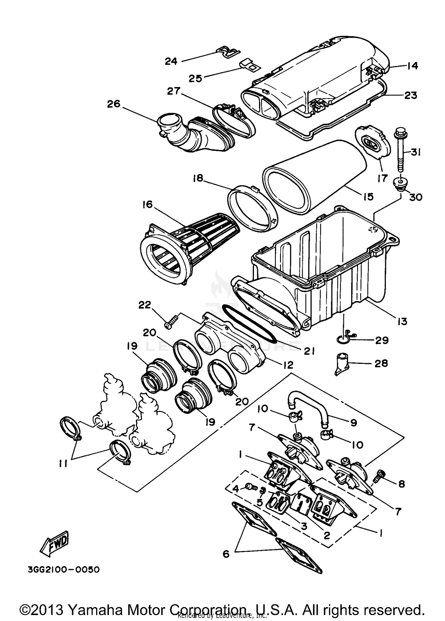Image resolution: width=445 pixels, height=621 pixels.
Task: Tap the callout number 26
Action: [x=114, y=104]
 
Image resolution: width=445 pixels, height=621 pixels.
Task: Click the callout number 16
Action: [x=147, y=204]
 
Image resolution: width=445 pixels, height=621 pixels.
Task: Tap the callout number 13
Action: [x=402, y=321]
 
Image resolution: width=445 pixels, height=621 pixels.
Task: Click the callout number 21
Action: [x=309, y=351]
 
